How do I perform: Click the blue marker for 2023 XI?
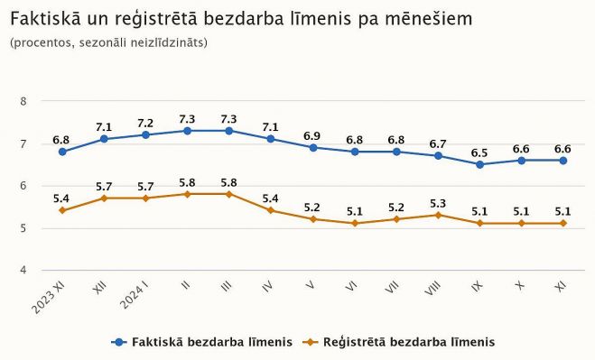pos(62,152)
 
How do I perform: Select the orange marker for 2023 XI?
pos(62,210)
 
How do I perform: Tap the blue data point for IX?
pos(479,164)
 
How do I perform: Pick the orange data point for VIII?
pos(438,215)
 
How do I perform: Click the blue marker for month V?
pos(312,147)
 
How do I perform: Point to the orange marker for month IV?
pos(271,210)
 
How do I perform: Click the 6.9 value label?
pos(312,135)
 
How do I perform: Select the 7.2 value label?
pos(145,123)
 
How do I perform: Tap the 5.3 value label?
pos(438,203)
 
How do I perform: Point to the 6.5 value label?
pos(479,152)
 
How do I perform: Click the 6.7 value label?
pos(438,143)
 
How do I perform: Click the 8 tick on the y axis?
pos(23,101)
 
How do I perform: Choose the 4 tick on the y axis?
pos(23,271)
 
